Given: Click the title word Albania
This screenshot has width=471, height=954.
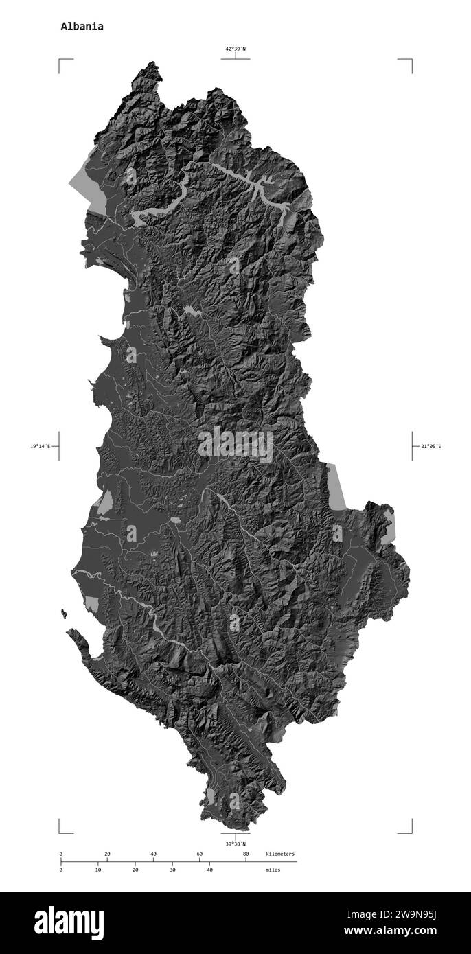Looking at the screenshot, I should (82, 27).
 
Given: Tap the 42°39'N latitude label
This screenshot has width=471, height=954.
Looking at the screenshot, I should (235, 49).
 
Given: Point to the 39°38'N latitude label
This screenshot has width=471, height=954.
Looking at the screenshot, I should (235, 844).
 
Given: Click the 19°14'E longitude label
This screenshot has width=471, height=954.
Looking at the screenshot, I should (40, 447).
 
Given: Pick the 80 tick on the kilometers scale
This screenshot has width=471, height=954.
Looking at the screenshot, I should (246, 854).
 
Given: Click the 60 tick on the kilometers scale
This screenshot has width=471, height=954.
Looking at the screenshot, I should (200, 854).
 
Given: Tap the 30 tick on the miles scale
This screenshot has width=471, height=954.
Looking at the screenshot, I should (172, 870).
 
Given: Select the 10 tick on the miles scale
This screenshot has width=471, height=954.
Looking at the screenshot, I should (98, 870).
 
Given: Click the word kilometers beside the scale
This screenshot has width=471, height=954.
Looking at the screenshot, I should (280, 854).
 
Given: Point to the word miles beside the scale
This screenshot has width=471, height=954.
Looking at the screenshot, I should (273, 870).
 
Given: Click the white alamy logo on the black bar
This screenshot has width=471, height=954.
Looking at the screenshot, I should (69, 922).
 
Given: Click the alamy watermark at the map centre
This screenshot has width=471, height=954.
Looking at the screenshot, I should (235, 445).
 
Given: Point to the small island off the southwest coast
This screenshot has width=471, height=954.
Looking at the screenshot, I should (64, 614).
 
